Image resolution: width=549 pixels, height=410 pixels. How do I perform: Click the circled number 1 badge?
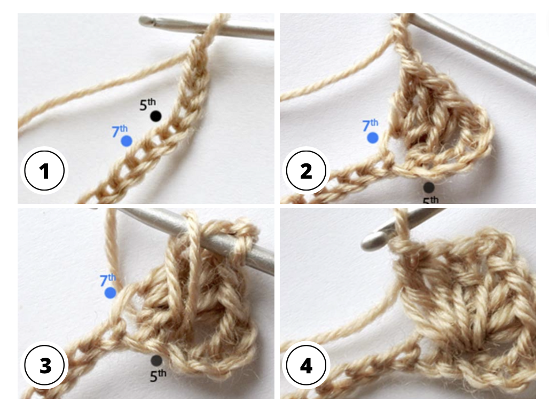tap(44, 171)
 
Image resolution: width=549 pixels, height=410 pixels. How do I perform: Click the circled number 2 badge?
tap(306, 171)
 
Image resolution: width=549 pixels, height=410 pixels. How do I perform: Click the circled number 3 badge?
tap(44, 366)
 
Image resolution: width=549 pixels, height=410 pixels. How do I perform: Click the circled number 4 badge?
tap(306, 366)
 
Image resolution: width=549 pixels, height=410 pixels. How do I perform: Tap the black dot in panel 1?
tap(155, 116)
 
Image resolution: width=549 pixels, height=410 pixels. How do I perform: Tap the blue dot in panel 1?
tap(127, 141)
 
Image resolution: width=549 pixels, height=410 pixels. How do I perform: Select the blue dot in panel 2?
tap(373, 138)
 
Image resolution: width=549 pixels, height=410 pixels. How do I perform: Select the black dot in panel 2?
tap(428, 187)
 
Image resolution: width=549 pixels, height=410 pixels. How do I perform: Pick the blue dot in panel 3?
tap(111, 293)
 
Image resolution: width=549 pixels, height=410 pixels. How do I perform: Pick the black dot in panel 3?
tap(156, 361)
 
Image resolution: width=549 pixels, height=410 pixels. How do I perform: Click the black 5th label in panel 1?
tap(148, 104)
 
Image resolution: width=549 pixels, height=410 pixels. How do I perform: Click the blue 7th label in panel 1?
tap(120, 130)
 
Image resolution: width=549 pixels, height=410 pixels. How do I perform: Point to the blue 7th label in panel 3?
tap(108, 280)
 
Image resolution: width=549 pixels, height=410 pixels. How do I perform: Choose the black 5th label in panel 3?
tap(158, 375)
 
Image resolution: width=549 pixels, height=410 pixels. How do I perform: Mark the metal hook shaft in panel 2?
tap(481, 48)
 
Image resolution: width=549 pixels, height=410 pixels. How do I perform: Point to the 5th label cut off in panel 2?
tap(430, 200)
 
